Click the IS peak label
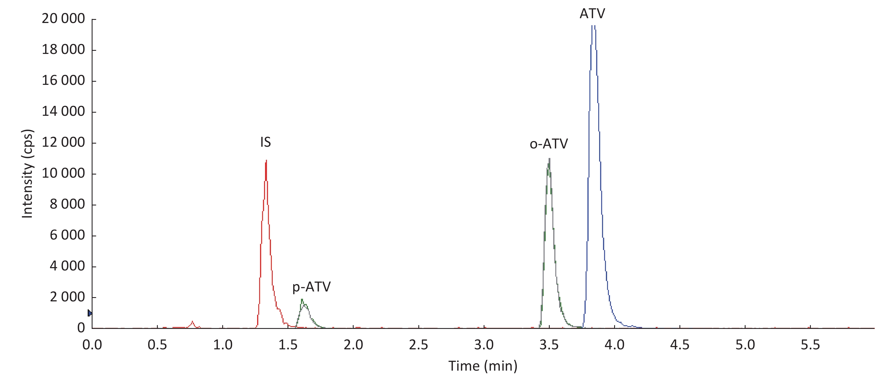(265, 142)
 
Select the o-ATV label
(549, 144)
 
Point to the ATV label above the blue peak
(592, 14)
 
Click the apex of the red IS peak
(266, 161)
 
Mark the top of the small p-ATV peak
(302, 300)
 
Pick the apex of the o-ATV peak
(549, 159)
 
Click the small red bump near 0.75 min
(193, 322)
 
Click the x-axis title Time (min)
(483, 366)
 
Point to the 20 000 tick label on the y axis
(63, 19)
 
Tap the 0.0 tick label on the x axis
(92, 345)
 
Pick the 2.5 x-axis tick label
(419, 345)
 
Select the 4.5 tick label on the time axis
(679, 345)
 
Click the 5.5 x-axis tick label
(810, 345)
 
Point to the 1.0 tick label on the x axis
(223, 345)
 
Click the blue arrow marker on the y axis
(89, 313)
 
